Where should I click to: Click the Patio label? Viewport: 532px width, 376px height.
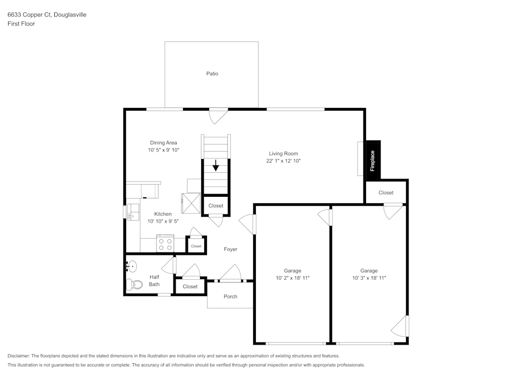tap(212, 73)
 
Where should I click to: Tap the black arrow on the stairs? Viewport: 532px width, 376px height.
tap(215, 166)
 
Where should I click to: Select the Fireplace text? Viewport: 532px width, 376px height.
tap(372, 161)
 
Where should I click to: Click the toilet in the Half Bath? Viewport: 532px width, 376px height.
tap(134, 285)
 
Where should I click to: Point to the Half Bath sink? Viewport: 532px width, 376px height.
tap(132, 265)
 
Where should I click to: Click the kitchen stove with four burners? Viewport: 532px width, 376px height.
tap(165, 244)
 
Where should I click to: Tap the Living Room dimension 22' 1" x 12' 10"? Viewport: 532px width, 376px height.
tap(283, 161)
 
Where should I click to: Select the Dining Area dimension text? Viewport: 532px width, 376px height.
tap(163, 150)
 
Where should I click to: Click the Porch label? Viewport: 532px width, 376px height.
tap(230, 296)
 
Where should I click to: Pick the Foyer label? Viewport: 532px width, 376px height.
tap(230, 249)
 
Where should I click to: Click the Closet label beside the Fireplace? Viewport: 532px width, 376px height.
tap(386, 193)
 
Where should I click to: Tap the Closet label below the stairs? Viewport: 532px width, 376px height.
tap(215, 206)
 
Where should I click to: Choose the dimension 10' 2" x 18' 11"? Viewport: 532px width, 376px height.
tap(292, 278)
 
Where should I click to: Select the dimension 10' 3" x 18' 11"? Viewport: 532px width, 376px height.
tap(369, 278)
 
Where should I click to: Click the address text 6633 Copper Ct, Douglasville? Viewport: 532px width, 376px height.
tap(47, 15)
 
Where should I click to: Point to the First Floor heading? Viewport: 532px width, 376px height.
tap(21, 24)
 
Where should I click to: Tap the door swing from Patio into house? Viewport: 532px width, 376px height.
tap(218, 115)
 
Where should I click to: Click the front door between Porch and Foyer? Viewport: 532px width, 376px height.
tap(230, 275)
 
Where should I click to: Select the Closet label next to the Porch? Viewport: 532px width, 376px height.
tap(190, 286)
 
